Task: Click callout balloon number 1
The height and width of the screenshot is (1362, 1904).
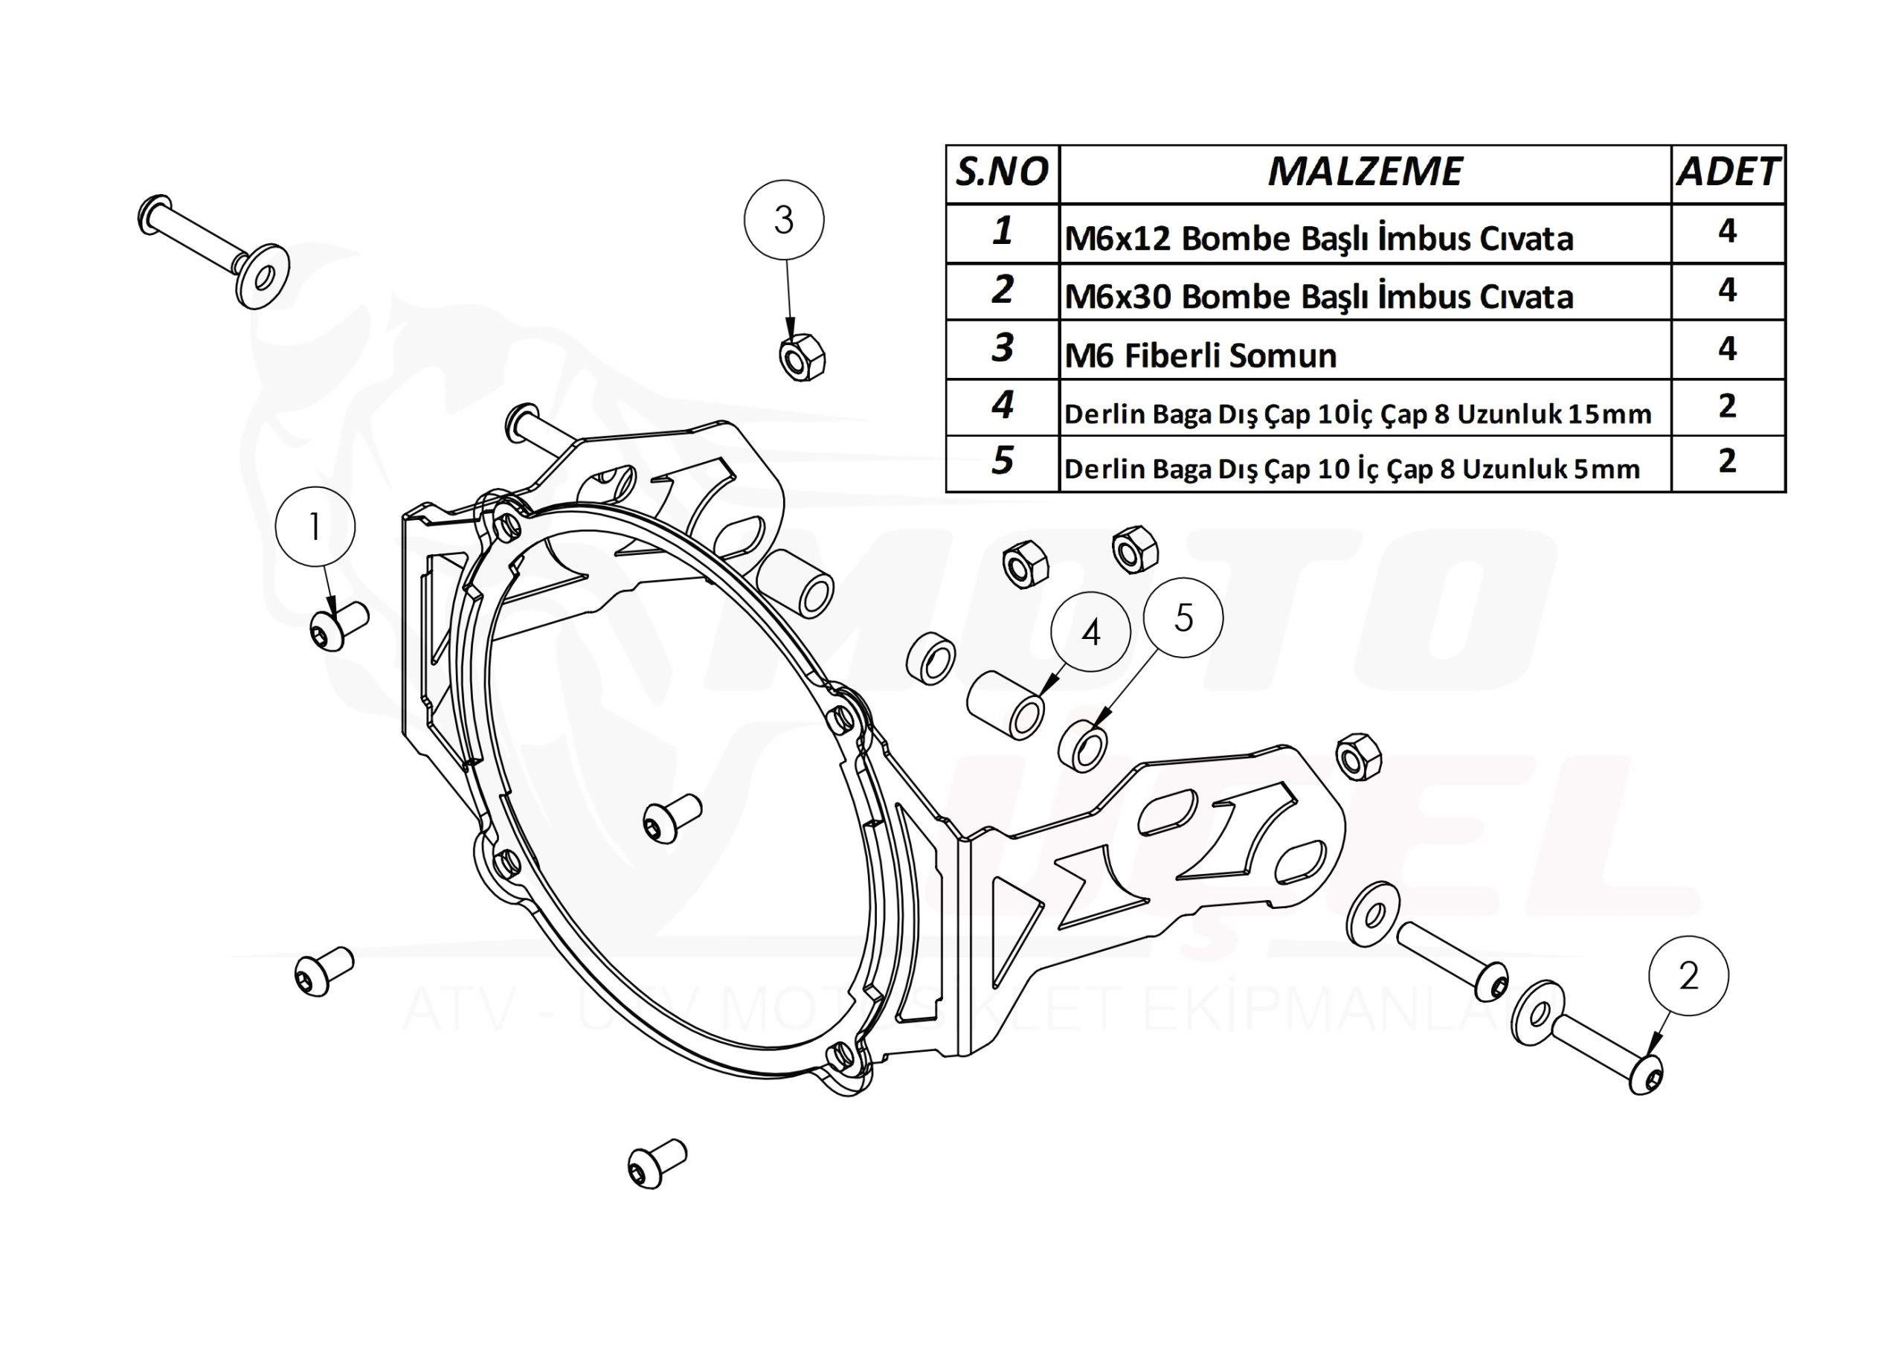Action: [x=315, y=527]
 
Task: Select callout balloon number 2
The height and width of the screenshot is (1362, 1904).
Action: [x=1688, y=976]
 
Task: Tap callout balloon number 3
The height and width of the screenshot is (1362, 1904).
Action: [x=784, y=221]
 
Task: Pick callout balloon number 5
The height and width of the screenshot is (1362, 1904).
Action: [x=1183, y=618]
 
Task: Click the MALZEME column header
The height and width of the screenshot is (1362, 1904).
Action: [x=1364, y=173]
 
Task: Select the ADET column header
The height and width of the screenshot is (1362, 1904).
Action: [x=1727, y=173]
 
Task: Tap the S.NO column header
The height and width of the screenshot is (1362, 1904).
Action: [x=1002, y=173]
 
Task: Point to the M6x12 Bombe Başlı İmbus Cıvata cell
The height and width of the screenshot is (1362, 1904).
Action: [x=1364, y=234]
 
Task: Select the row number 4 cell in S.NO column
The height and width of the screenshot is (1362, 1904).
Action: [x=1002, y=408]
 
